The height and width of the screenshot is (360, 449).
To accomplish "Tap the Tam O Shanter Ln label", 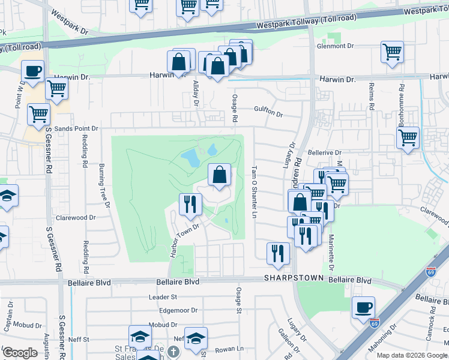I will point(255,192).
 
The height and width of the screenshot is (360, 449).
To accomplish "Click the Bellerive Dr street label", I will point(324,153).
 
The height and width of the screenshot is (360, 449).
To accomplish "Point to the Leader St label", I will point(163,296).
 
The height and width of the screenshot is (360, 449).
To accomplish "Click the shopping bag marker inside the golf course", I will point(220,175).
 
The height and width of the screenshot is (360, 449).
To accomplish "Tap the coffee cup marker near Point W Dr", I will point(32,71).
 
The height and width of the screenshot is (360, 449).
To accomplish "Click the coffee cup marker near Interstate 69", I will point(363,308).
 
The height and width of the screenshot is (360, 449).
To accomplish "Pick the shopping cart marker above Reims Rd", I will point(391,52).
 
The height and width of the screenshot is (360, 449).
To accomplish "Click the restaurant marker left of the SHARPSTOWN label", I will point(277,253).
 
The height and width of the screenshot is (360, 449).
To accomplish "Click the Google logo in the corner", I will point(20,353).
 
